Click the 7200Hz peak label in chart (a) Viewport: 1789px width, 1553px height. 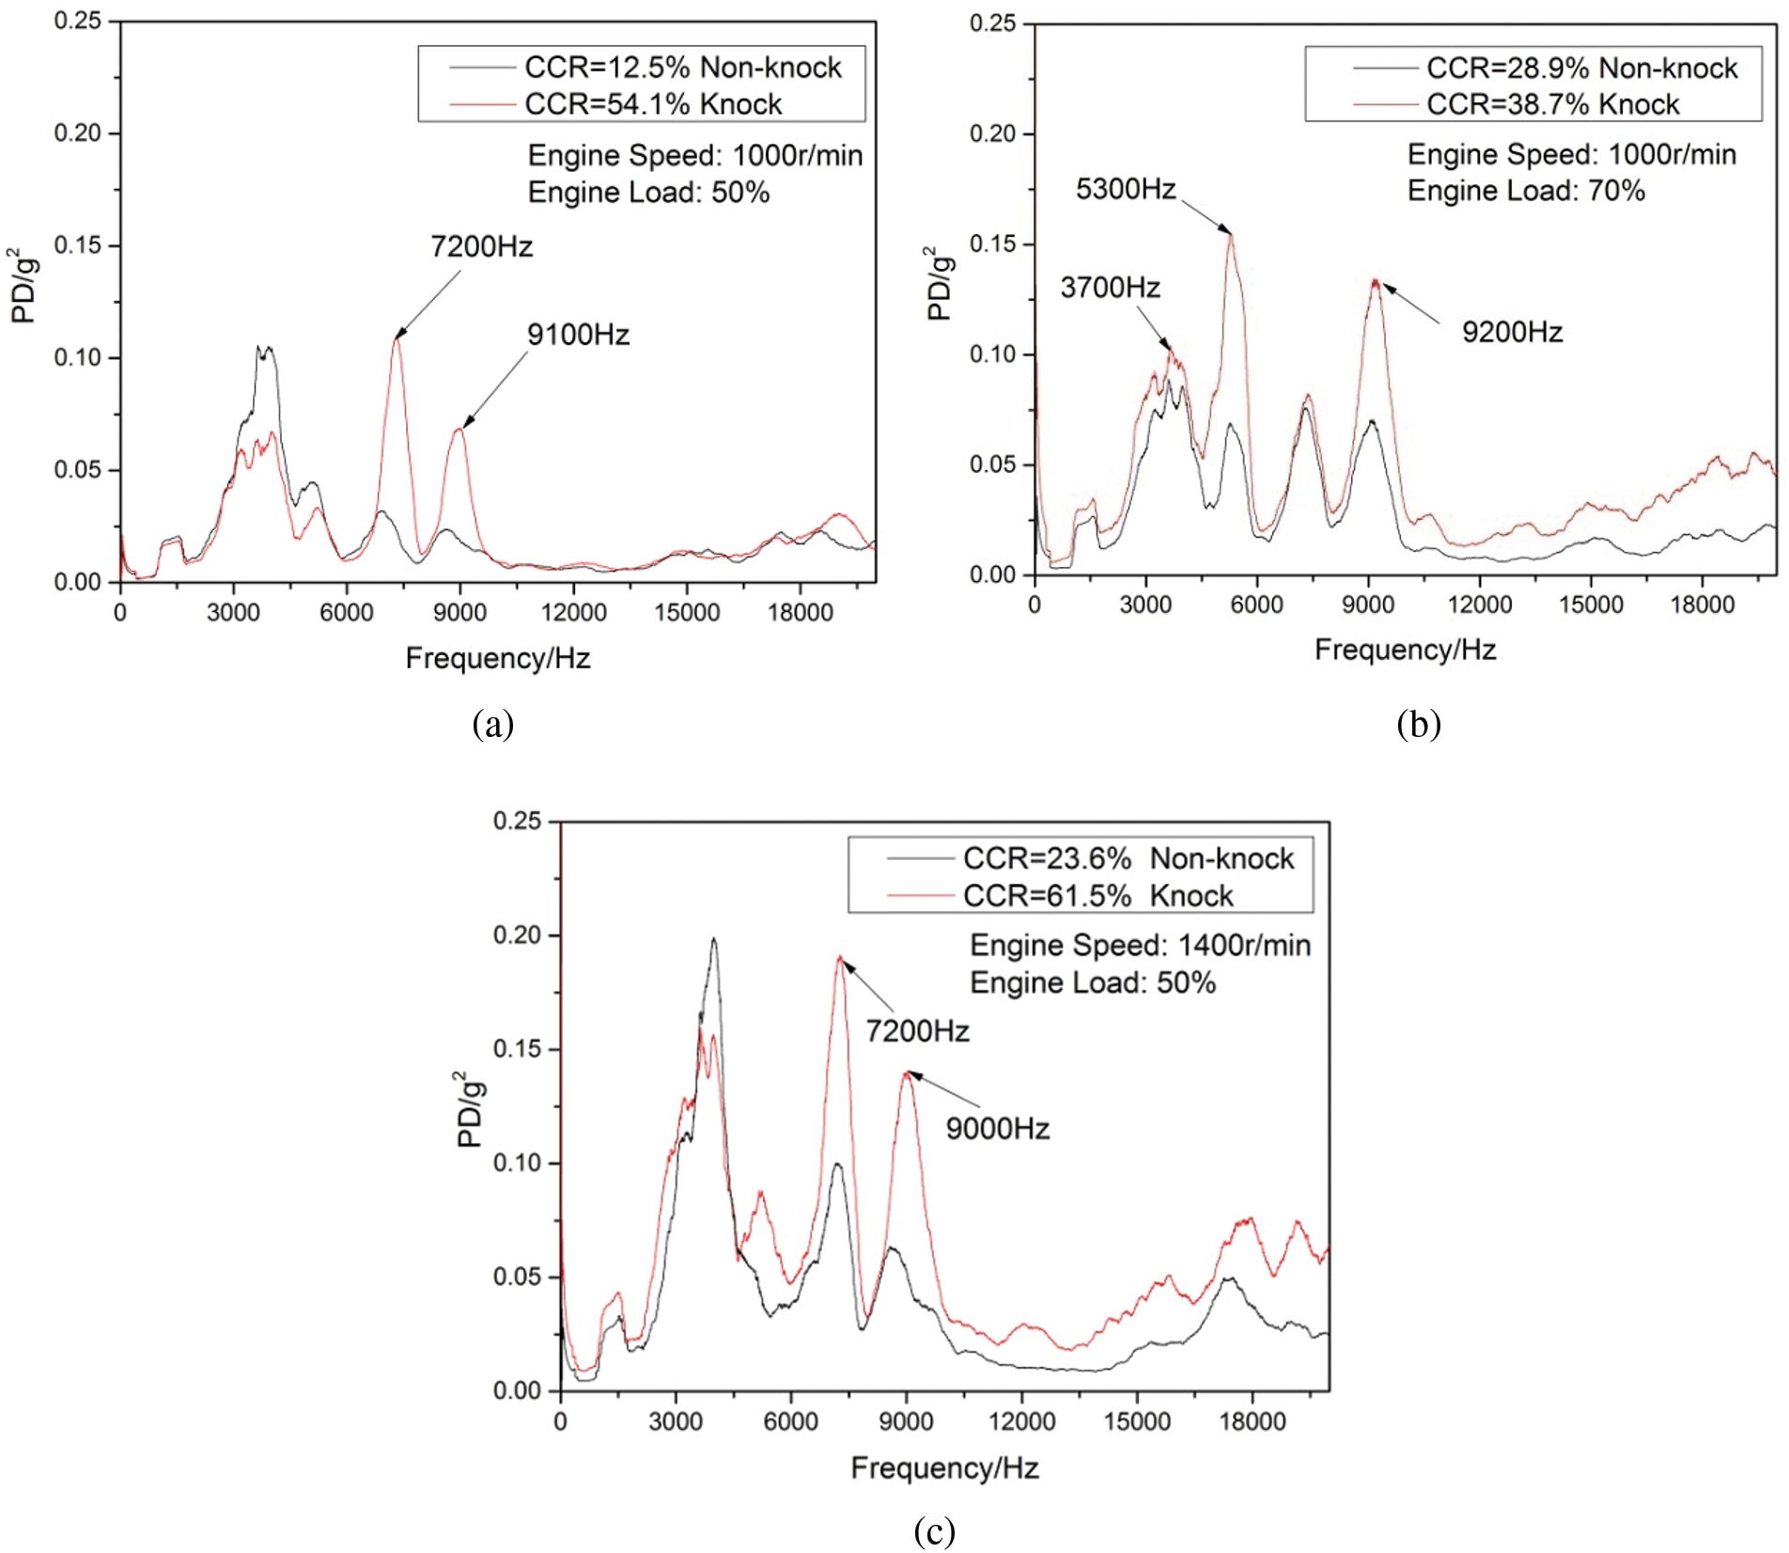click(x=481, y=247)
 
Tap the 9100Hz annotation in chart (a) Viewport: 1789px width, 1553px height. click(x=578, y=335)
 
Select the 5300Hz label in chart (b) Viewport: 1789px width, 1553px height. click(x=1126, y=190)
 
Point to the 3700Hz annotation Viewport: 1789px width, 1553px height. click(x=1110, y=288)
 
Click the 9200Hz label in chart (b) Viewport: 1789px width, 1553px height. click(x=1512, y=332)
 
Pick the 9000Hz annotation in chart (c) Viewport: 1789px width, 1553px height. click(x=997, y=1128)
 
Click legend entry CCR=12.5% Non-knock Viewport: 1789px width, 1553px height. click(x=682, y=68)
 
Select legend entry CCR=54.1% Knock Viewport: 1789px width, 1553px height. click(x=653, y=104)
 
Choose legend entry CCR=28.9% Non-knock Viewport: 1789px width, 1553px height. click(x=1581, y=69)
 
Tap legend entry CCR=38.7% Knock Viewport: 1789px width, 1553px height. click(x=1552, y=104)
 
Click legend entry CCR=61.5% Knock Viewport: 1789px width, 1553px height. click(x=1097, y=896)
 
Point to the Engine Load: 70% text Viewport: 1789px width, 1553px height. click(x=1526, y=191)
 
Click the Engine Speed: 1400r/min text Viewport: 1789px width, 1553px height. click(x=1140, y=945)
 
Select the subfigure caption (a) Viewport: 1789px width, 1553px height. click(x=493, y=724)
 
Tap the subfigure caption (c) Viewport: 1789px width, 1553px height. click(x=934, y=1530)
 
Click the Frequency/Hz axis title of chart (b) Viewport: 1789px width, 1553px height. click(x=1405, y=650)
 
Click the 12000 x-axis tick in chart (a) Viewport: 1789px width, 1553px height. click(x=573, y=613)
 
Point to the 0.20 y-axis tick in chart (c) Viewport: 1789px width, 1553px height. click(x=518, y=935)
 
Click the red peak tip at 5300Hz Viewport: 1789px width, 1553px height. click(x=1230, y=234)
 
